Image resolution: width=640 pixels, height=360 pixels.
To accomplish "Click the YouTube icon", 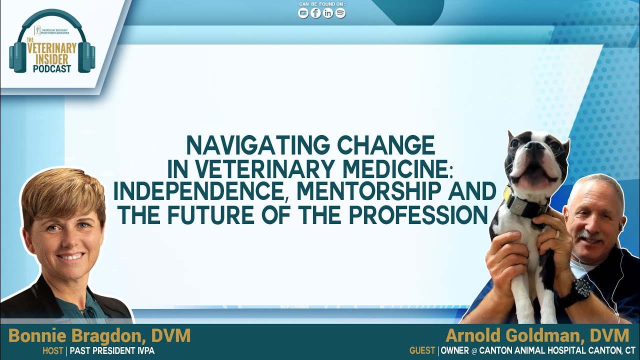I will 303,13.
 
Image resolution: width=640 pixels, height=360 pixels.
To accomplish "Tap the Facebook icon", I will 315,13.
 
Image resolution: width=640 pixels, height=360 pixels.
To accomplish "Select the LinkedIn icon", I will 328,13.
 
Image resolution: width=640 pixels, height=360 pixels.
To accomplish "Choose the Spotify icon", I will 340,13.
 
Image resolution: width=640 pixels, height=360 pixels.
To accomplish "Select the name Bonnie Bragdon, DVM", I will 99,335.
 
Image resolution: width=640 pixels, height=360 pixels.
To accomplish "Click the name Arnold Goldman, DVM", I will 537,335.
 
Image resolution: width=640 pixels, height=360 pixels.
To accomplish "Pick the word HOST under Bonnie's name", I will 52,351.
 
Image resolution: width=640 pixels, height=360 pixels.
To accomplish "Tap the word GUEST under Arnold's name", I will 422,351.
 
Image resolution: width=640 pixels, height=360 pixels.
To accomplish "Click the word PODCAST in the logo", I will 52,69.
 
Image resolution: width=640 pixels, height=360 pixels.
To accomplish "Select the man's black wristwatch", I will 581,288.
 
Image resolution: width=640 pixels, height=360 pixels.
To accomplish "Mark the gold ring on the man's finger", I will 558,233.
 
